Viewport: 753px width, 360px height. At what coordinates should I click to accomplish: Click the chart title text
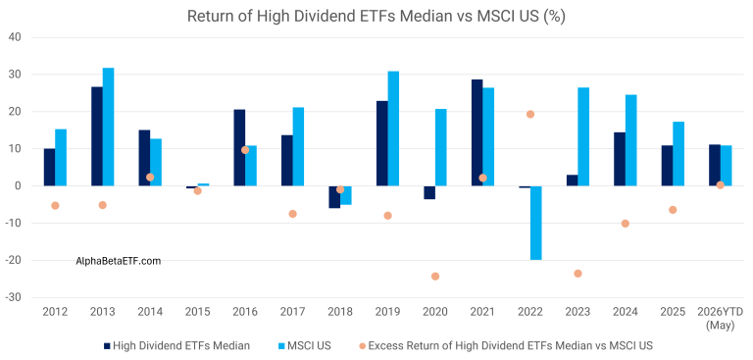pyautogui.click(x=376, y=16)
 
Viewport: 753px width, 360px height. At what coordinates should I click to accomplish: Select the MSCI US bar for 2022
pyautogui.click(x=536, y=223)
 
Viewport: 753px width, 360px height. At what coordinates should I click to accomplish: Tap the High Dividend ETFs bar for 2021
pyautogui.click(x=477, y=132)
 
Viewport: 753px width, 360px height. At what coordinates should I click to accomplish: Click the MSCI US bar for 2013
pyautogui.click(x=109, y=127)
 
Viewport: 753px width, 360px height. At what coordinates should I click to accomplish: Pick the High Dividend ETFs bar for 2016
pyautogui.click(x=239, y=147)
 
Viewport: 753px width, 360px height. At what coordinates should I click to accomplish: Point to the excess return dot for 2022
pyautogui.click(x=530, y=114)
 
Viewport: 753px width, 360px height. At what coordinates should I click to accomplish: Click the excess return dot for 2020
pyautogui.click(x=435, y=277)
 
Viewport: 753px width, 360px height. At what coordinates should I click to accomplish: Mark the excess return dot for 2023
pyautogui.click(x=577, y=274)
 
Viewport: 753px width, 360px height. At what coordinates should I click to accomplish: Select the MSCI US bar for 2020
pyautogui.click(x=441, y=147)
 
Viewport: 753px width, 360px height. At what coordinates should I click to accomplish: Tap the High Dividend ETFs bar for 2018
pyautogui.click(x=334, y=197)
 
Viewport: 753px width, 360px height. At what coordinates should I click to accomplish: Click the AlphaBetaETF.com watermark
pyautogui.click(x=119, y=261)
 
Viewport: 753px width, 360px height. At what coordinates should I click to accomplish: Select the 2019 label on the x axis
pyautogui.click(x=387, y=312)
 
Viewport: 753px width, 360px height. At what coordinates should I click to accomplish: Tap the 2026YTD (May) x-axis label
pyautogui.click(x=721, y=319)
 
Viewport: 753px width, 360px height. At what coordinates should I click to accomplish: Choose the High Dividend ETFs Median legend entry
pyautogui.click(x=177, y=345)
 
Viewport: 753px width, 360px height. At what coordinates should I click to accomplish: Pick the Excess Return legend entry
pyautogui.click(x=506, y=345)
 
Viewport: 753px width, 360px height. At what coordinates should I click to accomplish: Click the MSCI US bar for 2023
pyautogui.click(x=583, y=137)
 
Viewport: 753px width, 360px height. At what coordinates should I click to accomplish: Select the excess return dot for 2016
pyautogui.click(x=245, y=150)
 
